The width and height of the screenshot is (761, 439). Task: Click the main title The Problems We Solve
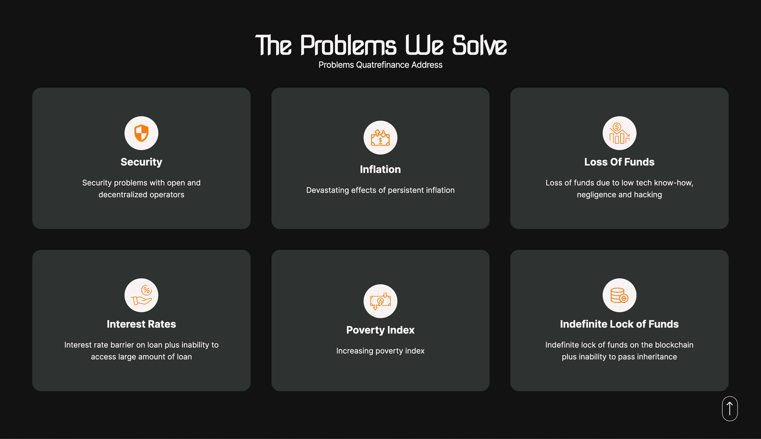coord(380,45)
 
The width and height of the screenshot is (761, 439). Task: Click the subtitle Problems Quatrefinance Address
coord(380,65)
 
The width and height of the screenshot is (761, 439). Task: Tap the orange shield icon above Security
coord(141,133)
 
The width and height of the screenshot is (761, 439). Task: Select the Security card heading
coord(141,162)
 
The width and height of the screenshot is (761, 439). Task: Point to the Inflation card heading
coord(380,170)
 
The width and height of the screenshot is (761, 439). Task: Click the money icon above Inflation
coord(380,138)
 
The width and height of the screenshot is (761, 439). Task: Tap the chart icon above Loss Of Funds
coord(619,133)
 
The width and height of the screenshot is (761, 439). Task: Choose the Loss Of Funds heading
coord(619,162)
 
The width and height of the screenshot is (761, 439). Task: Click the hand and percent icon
coord(141,295)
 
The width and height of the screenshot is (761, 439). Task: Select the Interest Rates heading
coord(141,324)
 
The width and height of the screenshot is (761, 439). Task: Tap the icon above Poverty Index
coord(380,301)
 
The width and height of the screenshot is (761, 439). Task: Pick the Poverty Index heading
coord(380,330)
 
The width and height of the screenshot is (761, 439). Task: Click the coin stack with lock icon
coord(619,295)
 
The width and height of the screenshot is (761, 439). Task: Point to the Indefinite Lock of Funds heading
coord(619,324)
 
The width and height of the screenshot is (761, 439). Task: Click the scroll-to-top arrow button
coord(730,408)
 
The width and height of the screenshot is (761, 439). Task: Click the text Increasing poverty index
coord(380,351)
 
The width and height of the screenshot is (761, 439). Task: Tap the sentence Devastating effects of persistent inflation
coord(380,190)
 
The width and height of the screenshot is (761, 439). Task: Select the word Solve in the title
coord(479,45)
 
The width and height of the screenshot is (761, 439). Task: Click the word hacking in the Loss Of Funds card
coord(648,195)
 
